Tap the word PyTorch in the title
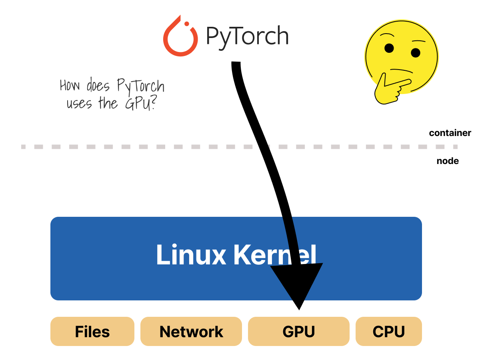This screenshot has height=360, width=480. [x=247, y=36]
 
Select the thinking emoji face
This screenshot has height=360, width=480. [x=402, y=56]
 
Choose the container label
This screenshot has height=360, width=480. [x=450, y=133]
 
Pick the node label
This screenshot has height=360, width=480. [x=448, y=161]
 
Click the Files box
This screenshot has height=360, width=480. [x=92, y=331]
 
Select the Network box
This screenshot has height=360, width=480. [x=191, y=331]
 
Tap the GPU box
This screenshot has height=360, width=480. [x=298, y=331]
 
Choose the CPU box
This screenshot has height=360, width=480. [x=388, y=331]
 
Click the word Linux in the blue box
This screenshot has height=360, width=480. [x=191, y=255]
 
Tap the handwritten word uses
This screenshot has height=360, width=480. [x=79, y=104]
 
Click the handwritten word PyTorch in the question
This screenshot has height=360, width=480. [x=141, y=86]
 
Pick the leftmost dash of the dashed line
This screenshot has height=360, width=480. [x=24, y=147]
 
